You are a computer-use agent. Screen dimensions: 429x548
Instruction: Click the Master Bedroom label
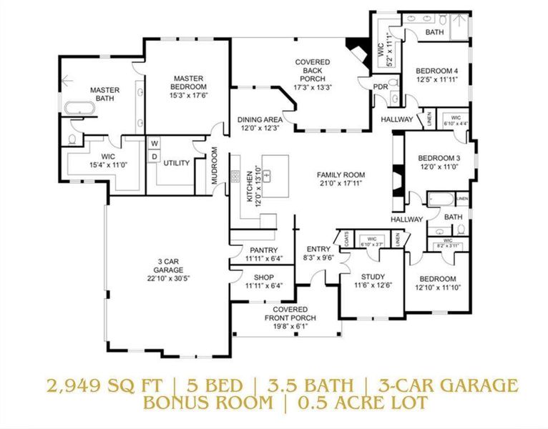(188, 79)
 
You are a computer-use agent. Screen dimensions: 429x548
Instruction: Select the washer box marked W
(154, 143)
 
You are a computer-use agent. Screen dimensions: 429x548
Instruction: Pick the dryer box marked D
(154, 157)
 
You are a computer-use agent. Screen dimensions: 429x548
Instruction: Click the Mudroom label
(214, 165)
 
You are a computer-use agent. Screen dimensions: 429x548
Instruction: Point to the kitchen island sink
(268, 174)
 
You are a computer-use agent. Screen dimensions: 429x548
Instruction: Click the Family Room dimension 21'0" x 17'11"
(341, 183)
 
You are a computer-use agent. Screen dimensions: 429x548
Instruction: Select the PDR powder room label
(380, 87)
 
